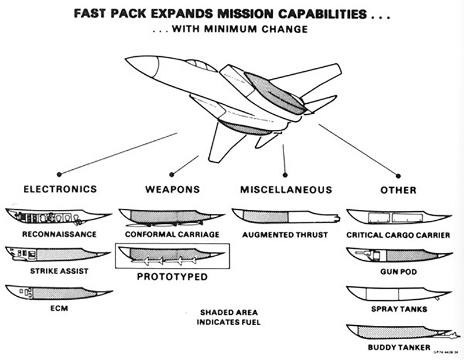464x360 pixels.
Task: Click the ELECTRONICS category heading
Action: click(x=59, y=190)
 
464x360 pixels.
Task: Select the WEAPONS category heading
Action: click(x=172, y=190)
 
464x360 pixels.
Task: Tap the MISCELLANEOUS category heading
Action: click(x=286, y=190)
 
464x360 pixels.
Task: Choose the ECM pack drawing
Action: click(x=55, y=292)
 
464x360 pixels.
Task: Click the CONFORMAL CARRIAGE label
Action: click(x=172, y=235)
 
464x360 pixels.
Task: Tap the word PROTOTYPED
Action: click(x=172, y=277)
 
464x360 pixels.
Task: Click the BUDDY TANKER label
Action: click(x=399, y=348)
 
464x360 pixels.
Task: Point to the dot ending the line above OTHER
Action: click(x=398, y=175)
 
